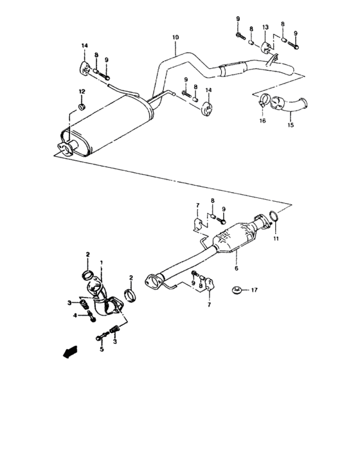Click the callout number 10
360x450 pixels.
[174, 39]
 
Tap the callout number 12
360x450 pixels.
[82, 92]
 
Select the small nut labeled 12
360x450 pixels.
[82, 105]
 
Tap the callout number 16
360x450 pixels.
[262, 120]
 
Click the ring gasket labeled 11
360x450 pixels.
[274, 221]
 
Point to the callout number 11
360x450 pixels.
[277, 239]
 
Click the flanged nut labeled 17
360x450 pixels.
[237, 291]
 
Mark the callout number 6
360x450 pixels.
[236, 259]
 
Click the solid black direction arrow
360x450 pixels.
[67, 352]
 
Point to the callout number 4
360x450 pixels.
[75, 315]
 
